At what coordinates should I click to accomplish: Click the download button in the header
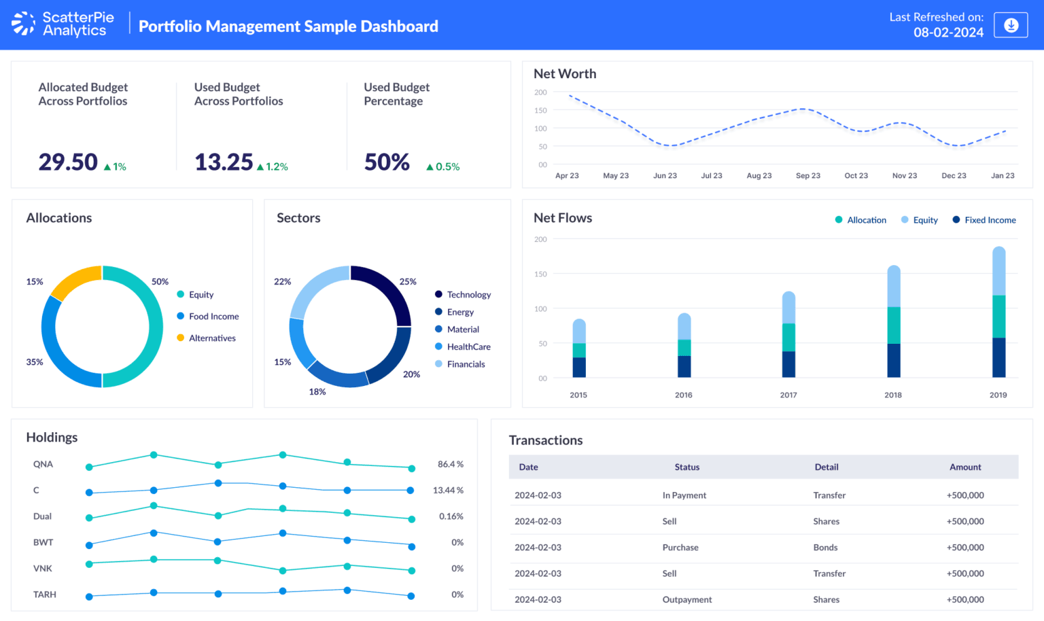(1011, 25)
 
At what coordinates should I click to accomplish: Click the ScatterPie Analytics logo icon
(23, 24)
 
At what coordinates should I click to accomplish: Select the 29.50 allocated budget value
(68, 162)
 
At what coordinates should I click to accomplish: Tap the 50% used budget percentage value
(387, 162)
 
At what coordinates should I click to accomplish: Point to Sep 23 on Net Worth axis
(807, 175)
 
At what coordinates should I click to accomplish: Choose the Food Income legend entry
(213, 317)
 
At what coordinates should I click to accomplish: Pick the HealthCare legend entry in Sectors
(468, 347)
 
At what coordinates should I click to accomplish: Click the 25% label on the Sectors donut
(408, 282)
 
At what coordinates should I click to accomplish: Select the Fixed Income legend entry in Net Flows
(990, 220)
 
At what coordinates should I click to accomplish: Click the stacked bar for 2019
(998, 313)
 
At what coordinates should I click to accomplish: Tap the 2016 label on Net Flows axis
(683, 395)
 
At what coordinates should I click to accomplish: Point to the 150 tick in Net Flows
(540, 274)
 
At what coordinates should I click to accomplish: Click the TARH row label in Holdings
(45, 595)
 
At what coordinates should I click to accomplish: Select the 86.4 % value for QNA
(450, 465)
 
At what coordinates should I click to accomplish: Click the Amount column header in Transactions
(965, 467)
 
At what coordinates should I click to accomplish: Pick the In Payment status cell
(684, 495)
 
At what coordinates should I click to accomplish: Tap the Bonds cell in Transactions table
(825, 548)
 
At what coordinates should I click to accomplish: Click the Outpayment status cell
(686, 600)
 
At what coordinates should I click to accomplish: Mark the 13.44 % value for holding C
(448, 491)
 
